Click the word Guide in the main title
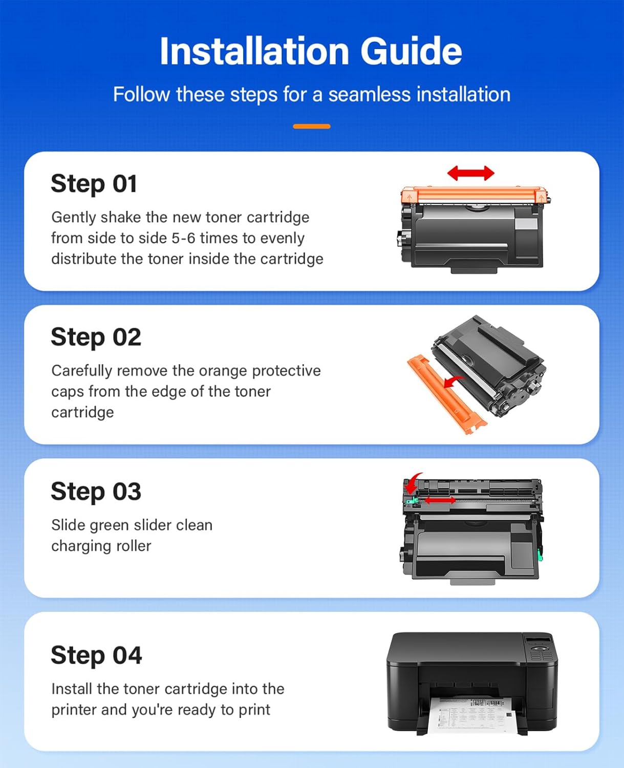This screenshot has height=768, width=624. tap(411, 51)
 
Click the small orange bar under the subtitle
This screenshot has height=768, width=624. tap(311, 126)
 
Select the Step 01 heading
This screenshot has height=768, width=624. tap(94, 184)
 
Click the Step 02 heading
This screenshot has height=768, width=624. tap(96, 337)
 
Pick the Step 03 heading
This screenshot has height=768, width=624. tap(96, 492)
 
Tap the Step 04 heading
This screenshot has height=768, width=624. tap(96, 655)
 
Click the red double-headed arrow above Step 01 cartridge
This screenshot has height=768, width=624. tap(470, 173)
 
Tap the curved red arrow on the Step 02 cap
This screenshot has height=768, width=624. tap(453, 382)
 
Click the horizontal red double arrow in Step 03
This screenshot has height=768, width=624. tap(439, 500)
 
